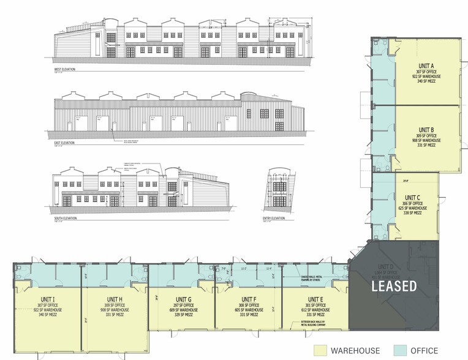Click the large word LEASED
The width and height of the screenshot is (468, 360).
pyautogui.click(x=393, y=285)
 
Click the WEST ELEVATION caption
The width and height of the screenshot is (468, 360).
pyautogui.click(x=64, y=70)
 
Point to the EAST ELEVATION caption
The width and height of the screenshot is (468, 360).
pyautogui.click(x=64, y=143)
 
